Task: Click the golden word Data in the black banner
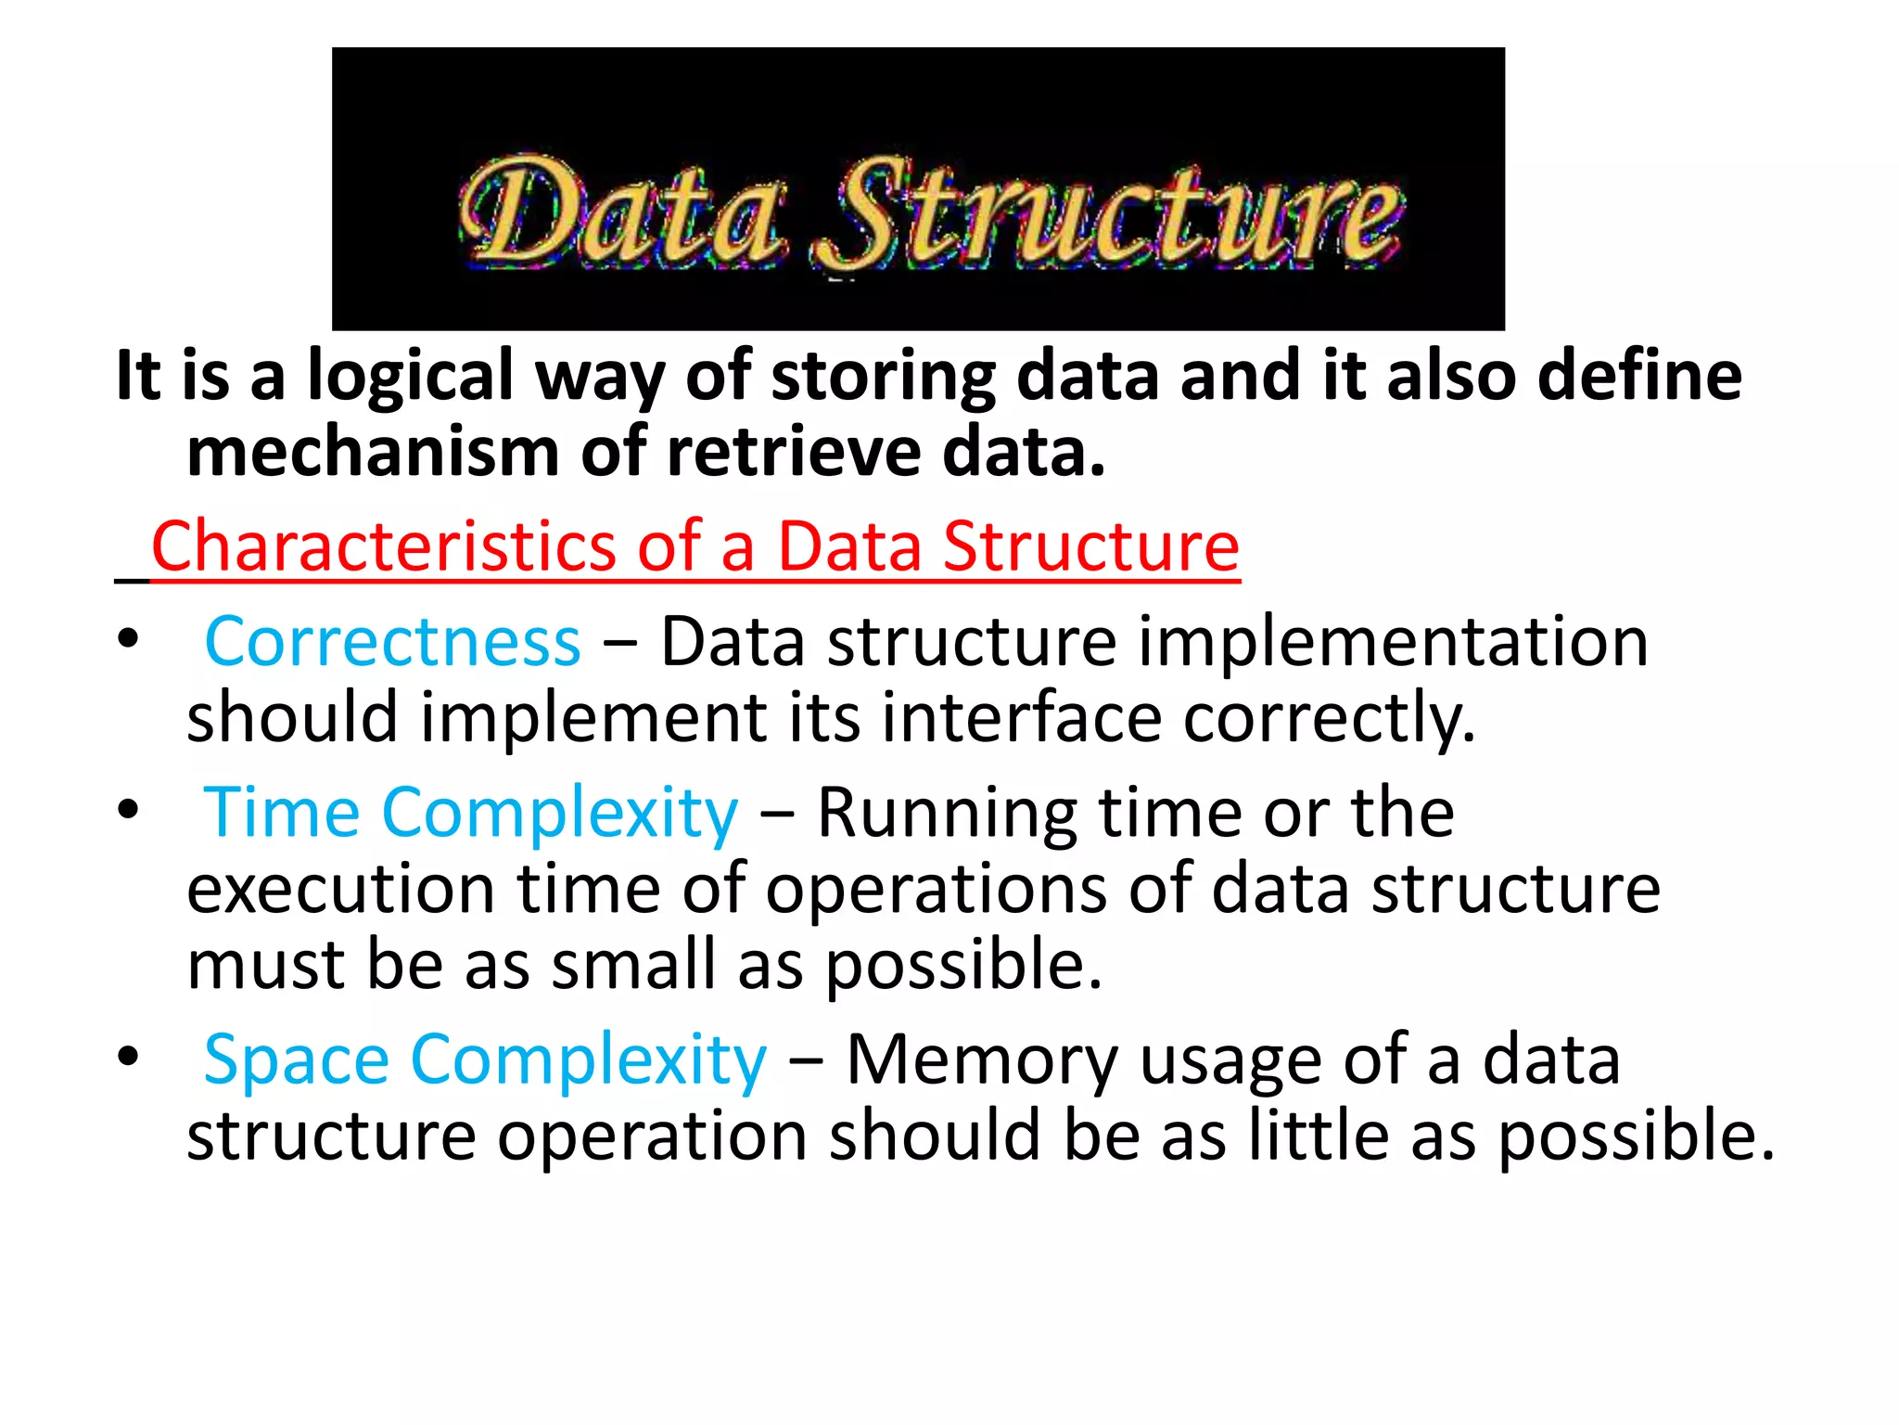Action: pos(621,212)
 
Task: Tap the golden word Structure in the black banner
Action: pos(1108,215)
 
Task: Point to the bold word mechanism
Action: pos(373,453)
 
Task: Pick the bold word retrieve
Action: pos(794,453)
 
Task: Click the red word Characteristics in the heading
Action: pos(383,546)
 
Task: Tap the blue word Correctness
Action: pos(392,642)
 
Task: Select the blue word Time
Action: pos(282,813)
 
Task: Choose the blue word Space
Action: pos(297,1059)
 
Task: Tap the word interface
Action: pos(1021,718)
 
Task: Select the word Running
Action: pos(946,813)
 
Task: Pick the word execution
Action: pos(340,889)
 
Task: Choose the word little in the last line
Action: pos(1318,1136)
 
